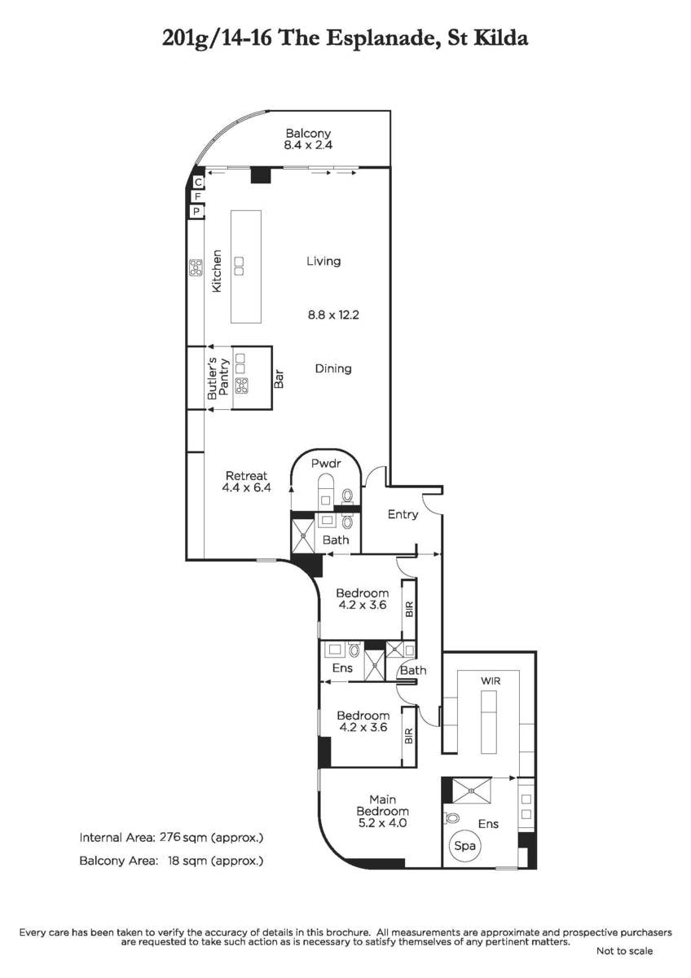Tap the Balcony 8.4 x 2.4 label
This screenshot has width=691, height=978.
point(307,139)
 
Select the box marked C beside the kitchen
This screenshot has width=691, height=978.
point(196,183)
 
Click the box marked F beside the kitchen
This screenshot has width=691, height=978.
point(196,197)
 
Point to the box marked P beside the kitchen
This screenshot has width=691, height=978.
point(196,212)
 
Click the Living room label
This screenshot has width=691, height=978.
point(323,262)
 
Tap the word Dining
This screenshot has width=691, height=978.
point(333,368)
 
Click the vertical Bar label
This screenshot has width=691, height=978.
point(279,378)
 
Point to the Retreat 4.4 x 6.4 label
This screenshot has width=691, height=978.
point(245,482)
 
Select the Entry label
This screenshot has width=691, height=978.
point(403,514)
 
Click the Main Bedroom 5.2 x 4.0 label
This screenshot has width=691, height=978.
point(382,811)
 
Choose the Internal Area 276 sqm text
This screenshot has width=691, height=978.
point(171,838)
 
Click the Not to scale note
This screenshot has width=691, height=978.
point(624,951)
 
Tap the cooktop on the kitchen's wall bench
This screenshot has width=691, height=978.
point(196,268)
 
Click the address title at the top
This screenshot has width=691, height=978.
point(345,37)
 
